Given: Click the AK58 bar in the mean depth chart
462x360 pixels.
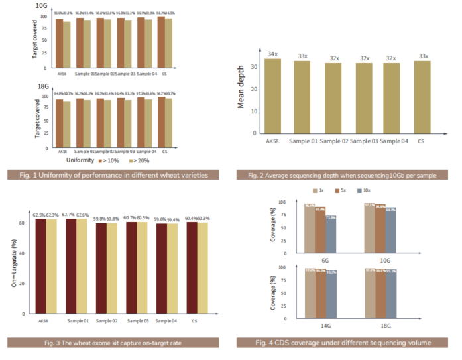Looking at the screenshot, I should coord(272,95).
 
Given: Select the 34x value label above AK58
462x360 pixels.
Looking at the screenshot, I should coord(272,54).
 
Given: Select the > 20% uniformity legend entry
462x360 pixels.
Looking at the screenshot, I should coord(141,160).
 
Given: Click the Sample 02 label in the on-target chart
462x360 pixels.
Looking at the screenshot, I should coord(106,321).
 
